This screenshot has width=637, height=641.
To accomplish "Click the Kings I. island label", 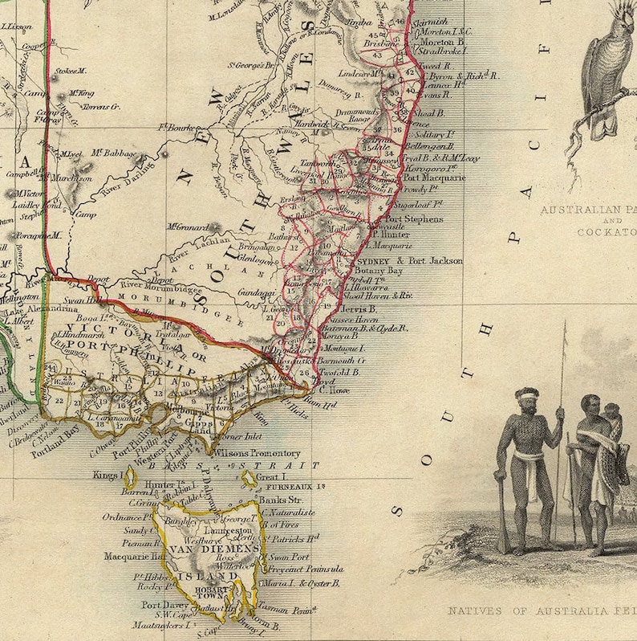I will pos(107,476).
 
